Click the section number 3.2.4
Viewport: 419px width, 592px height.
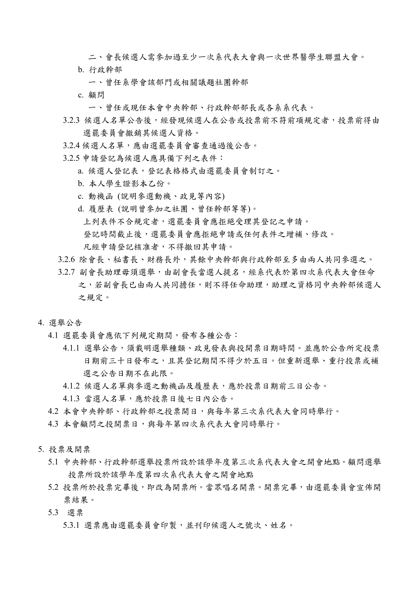click(71, 146)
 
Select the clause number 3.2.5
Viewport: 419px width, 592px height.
click(71, 158)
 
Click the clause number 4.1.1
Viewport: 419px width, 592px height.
click(71, 348)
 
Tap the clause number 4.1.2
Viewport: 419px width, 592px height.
click(71, 386)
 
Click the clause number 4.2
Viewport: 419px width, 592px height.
click(53, 411)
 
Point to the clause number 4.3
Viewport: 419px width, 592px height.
click(53, 424)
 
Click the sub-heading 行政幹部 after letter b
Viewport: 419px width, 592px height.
click(105, 70)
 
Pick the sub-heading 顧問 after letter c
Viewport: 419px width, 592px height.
click(96, 95)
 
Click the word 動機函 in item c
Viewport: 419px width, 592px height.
click(101, 197)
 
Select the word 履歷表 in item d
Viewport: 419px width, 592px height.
click(101, 209)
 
